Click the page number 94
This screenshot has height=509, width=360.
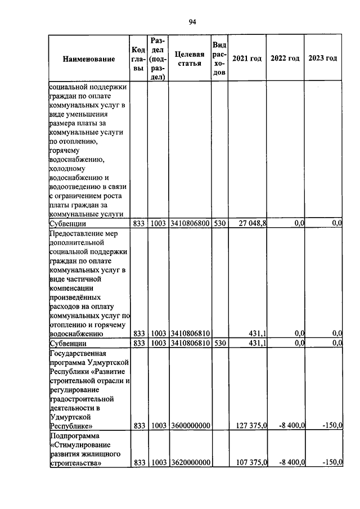pyautogui.click(x=192, y=22)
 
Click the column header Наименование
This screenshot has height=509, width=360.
pyautogui.click(x=89, y=59)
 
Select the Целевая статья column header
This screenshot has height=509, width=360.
pyautogui.click(x=189, y=58)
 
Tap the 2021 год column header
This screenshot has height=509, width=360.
pyautogui.click(x=247, y=59)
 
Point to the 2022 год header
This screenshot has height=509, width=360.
pyautogui.click(x=285, y=59)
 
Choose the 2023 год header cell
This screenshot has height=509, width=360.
pyautogui.click(x=323, y=59)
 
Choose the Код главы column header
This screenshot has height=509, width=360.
pyautogui.click(x=138, y=59)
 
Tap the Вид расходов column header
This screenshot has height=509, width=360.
pyautogui.click(x=219, y=59)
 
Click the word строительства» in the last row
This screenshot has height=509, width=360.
pyautogui.click(x=75, y=463)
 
